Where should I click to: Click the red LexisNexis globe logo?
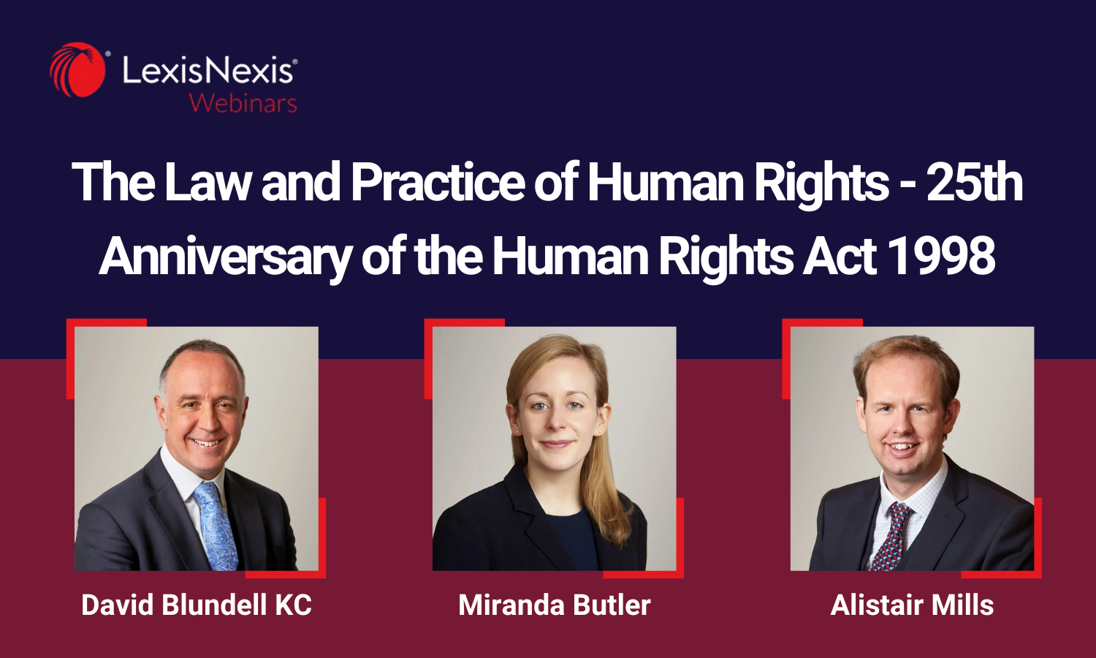point(77,70)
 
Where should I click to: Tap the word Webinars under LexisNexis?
point(243,103)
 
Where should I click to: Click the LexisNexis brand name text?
point(209,71)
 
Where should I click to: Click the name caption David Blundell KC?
point(197,605)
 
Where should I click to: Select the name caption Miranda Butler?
point(555,605)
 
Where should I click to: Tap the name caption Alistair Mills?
point(912,605)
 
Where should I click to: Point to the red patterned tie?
point(892,534)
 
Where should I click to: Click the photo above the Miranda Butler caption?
point(555,448)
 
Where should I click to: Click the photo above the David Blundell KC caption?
point(197,448)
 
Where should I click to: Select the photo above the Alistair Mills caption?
point(912,448)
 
